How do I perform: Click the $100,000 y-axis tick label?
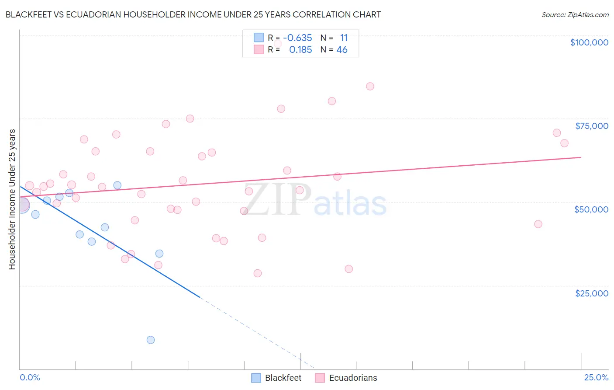coord(589,42)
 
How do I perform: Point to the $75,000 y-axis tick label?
coord(591,126)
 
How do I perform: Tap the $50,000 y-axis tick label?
coord(591,209)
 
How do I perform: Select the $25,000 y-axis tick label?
coord(591,293)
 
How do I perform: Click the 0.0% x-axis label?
coord(30,378)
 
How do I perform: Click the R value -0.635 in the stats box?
coord(297,38)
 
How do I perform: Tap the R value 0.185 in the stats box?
coord(300,50)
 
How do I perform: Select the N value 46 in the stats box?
coord(341,50)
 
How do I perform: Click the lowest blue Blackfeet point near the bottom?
coord(151,340)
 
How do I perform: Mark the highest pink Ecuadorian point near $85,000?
coord(370,86)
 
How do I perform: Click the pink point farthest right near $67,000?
coord(564,143)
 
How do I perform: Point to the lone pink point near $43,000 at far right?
coord(538,224)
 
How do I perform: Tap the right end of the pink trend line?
coord(581,157)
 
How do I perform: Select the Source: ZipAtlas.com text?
coord(575,14)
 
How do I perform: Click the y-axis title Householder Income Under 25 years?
coord(12,199)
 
